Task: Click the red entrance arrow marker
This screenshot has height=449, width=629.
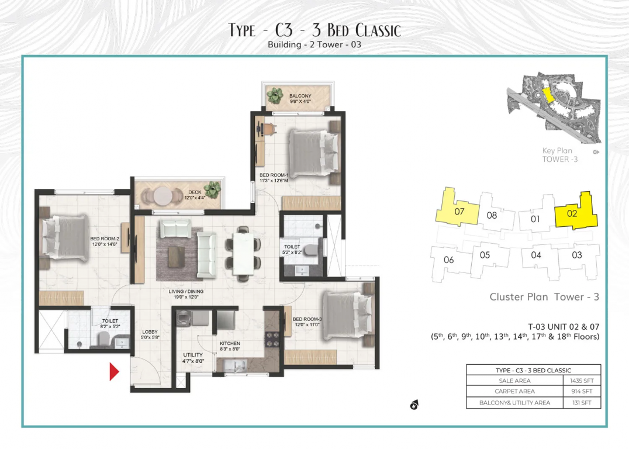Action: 114,371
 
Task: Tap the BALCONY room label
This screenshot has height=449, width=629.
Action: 300,96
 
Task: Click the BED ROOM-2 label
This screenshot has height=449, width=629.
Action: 105,239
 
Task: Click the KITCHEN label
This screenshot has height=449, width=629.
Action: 230,344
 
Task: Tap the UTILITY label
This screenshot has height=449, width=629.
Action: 192,355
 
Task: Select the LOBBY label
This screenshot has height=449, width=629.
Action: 150,331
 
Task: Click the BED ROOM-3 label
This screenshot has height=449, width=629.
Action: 307,319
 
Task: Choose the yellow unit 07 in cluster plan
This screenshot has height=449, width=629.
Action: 459,211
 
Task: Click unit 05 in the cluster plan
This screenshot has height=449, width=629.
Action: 485,255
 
